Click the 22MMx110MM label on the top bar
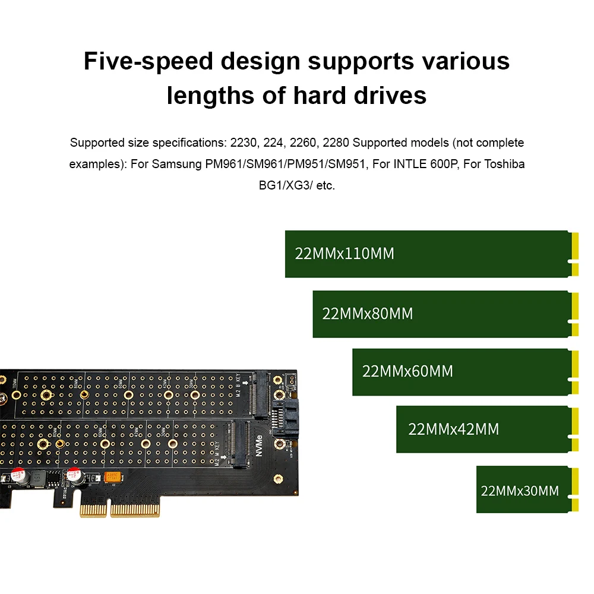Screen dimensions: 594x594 pos(345,254)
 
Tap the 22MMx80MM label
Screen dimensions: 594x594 pos(367,314)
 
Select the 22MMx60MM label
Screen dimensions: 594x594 pos(407,372)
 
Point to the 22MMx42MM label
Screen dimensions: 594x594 pos(453,429)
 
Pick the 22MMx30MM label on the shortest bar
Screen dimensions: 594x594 pos(520,491)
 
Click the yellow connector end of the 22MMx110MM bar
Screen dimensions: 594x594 pos(574,254)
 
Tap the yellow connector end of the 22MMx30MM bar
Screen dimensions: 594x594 pos(574,489)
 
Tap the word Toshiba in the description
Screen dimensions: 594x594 pos(505,164)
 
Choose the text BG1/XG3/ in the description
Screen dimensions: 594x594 pos(282,185)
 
